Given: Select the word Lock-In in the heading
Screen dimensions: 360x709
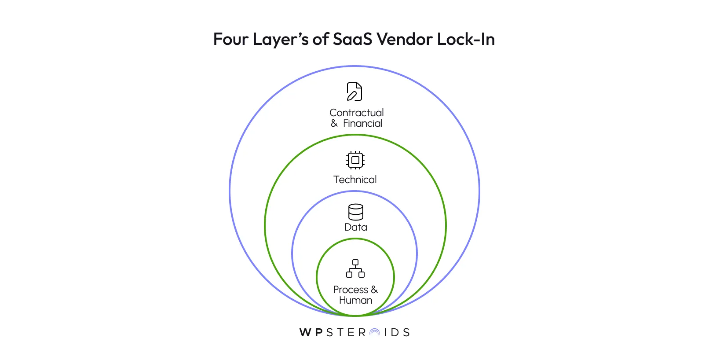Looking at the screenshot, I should tap(466, 39).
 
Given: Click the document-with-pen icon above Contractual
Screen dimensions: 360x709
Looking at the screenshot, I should tap(354, 92).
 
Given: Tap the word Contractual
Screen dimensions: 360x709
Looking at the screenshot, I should tap(357, 113).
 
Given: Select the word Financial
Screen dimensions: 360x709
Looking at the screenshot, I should tap(363, 124).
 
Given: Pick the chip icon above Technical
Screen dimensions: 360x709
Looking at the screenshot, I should tap(355, 160).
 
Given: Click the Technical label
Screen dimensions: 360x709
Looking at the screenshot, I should tap(355, 180).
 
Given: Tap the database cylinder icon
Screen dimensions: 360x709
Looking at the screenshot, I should tap(355, 212).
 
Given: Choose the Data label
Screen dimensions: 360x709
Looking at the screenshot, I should tap(355, 227).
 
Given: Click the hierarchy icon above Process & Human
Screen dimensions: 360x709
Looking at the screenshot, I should tap(355, 268).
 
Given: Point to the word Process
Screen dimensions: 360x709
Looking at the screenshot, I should tap(351, 290).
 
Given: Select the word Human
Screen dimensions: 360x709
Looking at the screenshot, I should tap(355, 300).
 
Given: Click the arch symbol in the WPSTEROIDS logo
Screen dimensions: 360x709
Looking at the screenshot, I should tap(375, 333).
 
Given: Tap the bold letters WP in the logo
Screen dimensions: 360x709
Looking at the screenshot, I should tap(311, 333).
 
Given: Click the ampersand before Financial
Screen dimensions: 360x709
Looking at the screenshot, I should tap(334, 124).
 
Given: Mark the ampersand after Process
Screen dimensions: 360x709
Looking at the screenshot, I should tap(374, 290).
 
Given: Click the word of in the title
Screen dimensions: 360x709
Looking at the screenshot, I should tap(321, 39).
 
